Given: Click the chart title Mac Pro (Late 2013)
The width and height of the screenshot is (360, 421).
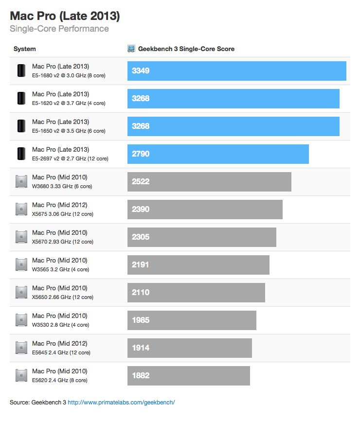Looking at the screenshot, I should click(65, 16).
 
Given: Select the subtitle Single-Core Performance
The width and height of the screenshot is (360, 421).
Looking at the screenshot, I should click(59, 29).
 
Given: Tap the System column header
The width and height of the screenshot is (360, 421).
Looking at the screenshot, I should click(24, 49).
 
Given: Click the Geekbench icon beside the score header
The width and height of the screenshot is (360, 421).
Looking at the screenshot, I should click(131, 49).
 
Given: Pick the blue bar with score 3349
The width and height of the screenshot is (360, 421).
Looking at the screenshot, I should click(236, 71).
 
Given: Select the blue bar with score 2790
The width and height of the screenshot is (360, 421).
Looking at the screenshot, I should click(218, 154).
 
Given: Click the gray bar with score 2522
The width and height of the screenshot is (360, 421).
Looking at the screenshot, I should click(209, 182).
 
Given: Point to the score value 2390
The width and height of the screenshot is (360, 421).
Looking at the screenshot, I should click(141, 210).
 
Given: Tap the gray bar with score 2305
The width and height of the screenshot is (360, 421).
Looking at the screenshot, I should click(201, 237).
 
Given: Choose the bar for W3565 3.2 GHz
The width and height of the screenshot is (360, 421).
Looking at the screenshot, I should click(198, 265).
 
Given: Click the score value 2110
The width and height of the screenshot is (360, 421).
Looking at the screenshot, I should click(141, 293).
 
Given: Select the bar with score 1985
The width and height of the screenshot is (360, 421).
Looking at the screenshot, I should click(192, 320).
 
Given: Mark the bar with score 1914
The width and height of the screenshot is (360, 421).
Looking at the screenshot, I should click(189, 348).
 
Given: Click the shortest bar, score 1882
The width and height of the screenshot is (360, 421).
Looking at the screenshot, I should click(188, 376).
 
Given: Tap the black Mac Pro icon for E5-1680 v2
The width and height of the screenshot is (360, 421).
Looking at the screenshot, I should click(21, 71).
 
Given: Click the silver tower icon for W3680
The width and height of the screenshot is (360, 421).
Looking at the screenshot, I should click(21, 182).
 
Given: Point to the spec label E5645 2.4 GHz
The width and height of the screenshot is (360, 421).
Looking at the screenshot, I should click(61, 352).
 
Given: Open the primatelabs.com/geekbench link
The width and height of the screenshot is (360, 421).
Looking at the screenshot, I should click(121, 403).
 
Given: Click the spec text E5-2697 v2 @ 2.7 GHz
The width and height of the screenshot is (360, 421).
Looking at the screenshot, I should click(70, 158).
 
